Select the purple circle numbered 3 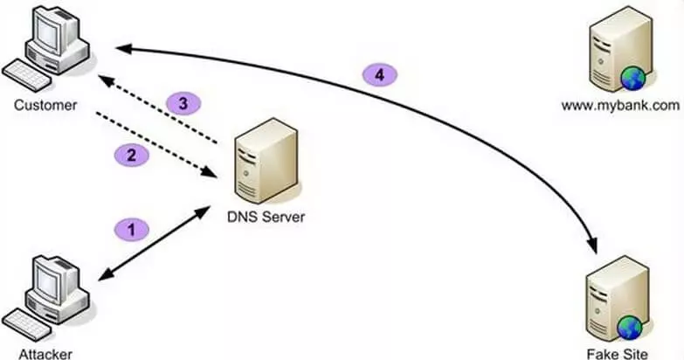183,103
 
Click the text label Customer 45,106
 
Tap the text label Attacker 44,354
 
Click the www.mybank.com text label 621,106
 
